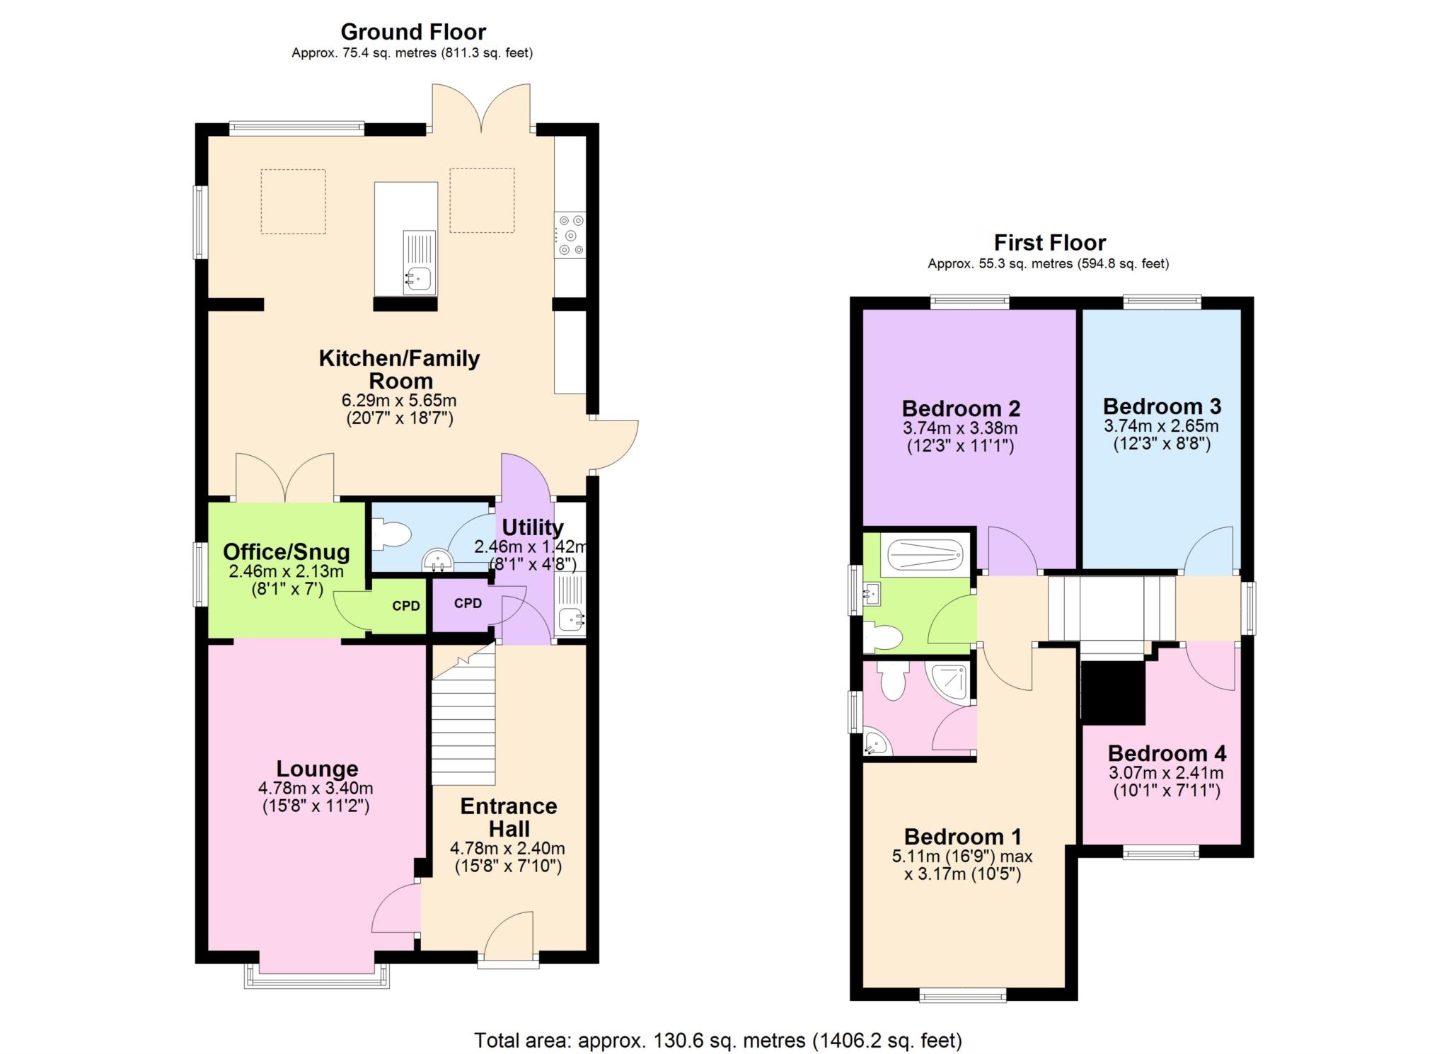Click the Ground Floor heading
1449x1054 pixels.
(413, 32)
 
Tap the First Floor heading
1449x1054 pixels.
(1049, 243)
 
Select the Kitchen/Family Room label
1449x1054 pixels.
(399, 369)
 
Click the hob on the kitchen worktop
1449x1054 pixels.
(570, 235)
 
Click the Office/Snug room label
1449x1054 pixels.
(287, 551)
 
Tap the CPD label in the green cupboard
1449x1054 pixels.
(406, 606)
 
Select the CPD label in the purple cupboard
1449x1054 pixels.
(468, 603)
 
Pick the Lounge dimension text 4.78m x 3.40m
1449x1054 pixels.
(316, 788)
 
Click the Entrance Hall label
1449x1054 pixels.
(508, 817)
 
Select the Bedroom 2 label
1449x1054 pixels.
(961, 408)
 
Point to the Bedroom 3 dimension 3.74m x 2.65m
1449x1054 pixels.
(1161, 426)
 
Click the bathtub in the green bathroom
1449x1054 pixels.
(925, 554)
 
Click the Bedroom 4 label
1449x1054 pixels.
(1167, 752)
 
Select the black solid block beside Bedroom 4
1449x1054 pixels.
(1114, 692)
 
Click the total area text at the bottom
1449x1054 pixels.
(717, 1040)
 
